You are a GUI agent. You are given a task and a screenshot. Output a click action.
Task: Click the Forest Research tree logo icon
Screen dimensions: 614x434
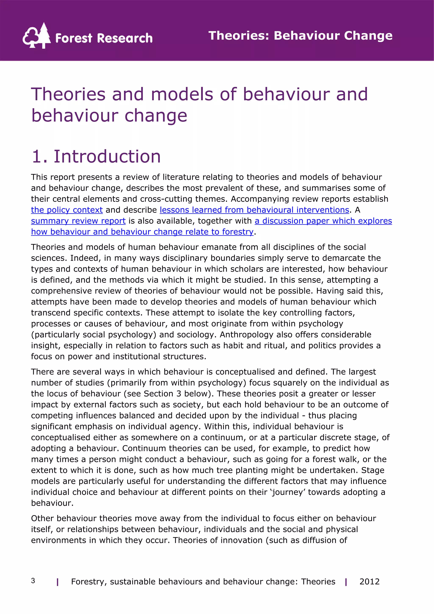click(37, 36)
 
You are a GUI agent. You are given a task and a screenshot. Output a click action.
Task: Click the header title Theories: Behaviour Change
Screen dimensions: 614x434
click(300, 36)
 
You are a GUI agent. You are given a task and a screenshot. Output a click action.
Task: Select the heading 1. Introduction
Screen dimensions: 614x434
click(96, 156)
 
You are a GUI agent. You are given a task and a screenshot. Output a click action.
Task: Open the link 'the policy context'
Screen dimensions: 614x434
click(67, 210)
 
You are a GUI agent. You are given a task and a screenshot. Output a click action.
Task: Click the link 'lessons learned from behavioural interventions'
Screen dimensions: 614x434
click(254, 210)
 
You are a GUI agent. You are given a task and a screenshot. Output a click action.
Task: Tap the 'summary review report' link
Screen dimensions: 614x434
click(78, 221)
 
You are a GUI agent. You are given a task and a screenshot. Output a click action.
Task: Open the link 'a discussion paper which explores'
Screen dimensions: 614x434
click(323, 221)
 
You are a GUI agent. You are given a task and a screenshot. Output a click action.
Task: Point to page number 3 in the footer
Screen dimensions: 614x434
click(33, 581)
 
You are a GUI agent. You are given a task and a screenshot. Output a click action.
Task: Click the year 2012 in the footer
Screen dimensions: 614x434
click(369, 581)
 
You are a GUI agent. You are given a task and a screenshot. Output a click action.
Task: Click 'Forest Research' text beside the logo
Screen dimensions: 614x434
click(104, 38)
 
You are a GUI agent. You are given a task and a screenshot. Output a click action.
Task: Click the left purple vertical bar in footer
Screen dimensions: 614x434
click(57, 582)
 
